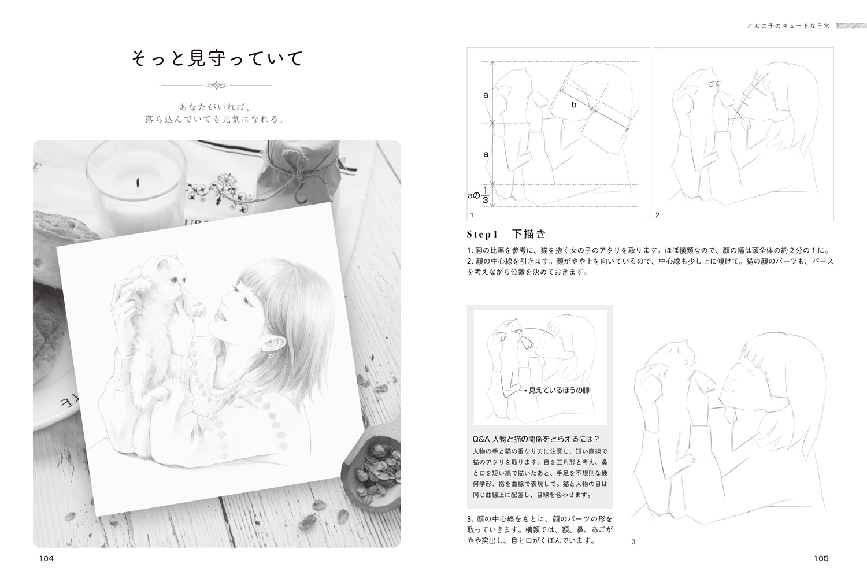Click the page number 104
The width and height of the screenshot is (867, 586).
tap(46, 558)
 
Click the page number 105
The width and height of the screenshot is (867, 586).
tap(821, 558)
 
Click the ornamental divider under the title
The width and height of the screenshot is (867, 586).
tap(216, 85)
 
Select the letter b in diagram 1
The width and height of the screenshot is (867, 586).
tap(574, 105)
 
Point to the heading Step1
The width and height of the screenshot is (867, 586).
tap(482, 234)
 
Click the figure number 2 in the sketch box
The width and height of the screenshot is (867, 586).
tap(657, 215)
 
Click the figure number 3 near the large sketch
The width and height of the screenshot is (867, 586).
tap(633, 542)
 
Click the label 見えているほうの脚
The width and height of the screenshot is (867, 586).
tap(559, 390)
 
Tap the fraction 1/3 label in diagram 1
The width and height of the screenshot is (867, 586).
tap(485, 196)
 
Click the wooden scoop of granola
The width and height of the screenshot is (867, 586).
tap(371, 472)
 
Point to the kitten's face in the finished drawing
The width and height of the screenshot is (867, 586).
tap(173, 275)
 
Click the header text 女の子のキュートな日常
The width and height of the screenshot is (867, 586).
tap(792, 26)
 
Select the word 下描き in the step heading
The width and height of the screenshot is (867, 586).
tap(529, 234)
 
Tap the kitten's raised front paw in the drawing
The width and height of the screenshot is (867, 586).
tap(197, 308)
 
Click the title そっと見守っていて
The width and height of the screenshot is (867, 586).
tap(217, 59)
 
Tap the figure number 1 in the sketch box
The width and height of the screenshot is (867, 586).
tap(472, 215)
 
